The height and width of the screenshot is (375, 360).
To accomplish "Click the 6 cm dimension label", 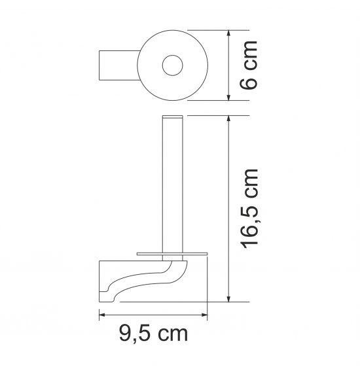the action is coord(249,65).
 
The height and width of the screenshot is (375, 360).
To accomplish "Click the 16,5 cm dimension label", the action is coord(250,209).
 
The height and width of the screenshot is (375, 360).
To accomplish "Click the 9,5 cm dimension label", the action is coord(154,334).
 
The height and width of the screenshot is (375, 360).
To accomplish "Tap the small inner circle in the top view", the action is coord(172,65).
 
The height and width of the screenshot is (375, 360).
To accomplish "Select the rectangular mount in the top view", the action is coord(118,65).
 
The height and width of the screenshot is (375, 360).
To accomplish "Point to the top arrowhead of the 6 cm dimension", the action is coord(229,33).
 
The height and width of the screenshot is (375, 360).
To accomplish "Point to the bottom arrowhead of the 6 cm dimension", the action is coord(229,97).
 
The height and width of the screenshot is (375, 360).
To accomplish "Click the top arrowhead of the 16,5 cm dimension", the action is coord(229,119).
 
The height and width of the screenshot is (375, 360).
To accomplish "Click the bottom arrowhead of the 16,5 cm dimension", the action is coord(229,298).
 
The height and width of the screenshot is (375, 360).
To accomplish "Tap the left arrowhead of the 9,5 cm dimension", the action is coord(102,315).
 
